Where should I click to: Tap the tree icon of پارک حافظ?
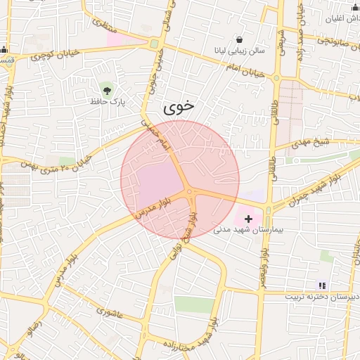107,89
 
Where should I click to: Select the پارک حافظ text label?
107,102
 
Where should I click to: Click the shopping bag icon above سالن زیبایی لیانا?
240,40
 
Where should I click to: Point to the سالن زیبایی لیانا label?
240,51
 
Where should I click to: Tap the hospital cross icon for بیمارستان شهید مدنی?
248,219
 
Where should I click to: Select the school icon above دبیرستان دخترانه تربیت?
321,285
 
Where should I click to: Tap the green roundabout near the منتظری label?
154,44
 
